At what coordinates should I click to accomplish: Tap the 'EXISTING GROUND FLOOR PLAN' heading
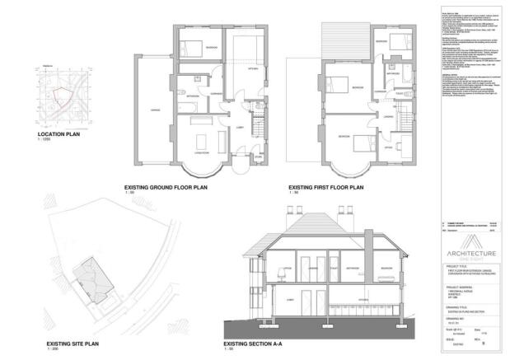coord(171,188)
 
